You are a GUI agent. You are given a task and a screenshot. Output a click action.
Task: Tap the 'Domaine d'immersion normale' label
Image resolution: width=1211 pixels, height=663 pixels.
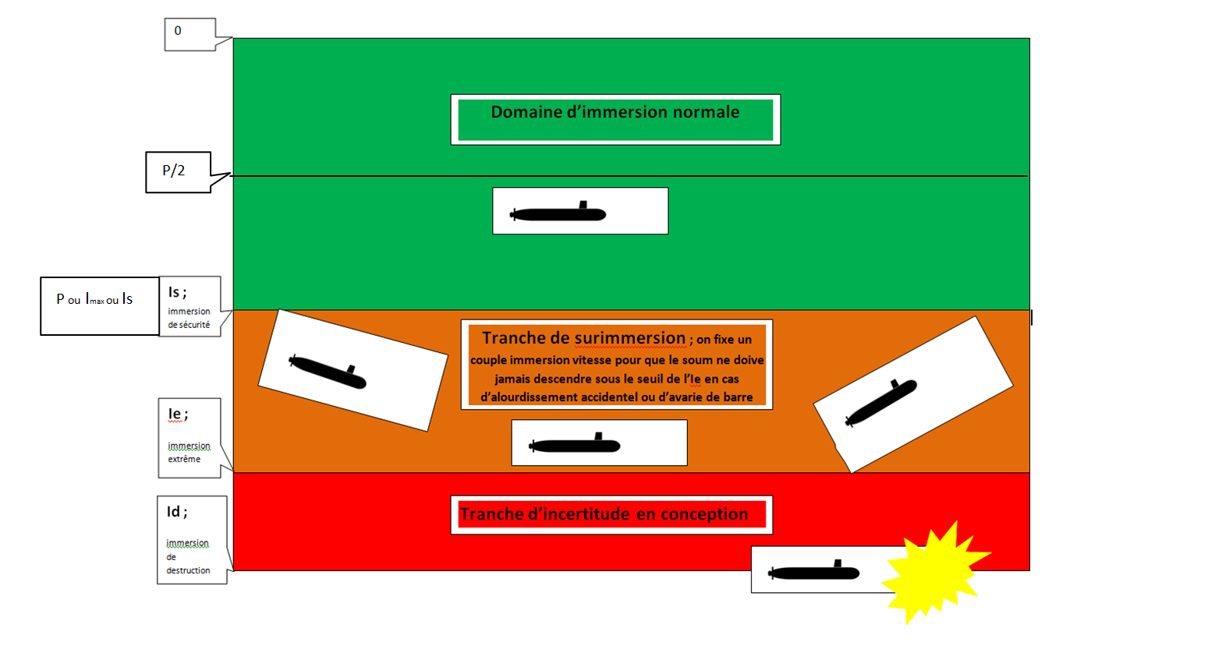pyautogui.click(x=615, y=113)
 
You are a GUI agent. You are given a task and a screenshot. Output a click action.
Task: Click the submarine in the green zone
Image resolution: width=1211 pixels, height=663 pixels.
pyautogui.click(x=558, y=213)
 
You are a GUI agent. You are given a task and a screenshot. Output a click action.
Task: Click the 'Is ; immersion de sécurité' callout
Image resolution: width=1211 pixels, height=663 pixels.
pyautogui.click(x=189, y=306)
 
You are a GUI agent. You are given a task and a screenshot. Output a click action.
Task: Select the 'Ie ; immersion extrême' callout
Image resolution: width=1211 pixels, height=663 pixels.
pyautogui.click(x=189, y=437)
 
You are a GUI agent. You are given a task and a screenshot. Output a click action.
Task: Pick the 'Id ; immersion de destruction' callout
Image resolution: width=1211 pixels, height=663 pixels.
pyautogui.click(x=191, y=539)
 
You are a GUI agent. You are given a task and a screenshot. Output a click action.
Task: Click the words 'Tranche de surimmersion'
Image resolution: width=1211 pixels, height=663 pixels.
pyautogui.click(x=584, y=338)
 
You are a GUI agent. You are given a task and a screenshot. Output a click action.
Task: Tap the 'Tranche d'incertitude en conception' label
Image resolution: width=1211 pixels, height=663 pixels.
pyautogui.click(x=604, y=515)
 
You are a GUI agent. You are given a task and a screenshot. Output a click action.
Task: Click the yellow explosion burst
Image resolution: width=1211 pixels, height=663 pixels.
pyautogui.click(x=932, y=573)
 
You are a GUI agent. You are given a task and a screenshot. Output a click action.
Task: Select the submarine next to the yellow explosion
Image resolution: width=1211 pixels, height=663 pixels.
pyautogui.click(x=814, y=572)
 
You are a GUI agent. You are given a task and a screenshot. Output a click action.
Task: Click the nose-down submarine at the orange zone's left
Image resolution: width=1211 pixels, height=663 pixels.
pyautogui.click(x=328, y=372)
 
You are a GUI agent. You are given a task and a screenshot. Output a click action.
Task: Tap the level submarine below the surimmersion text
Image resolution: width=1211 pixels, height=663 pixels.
pyautogui.click(x=575, y=445)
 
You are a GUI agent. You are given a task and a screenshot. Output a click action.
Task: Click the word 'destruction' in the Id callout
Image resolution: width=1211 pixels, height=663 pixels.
pyautogui.click(x=188, y=570)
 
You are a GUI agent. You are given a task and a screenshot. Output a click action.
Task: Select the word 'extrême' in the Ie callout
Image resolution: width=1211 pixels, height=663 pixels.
pyautogui.click(x=184, y=460)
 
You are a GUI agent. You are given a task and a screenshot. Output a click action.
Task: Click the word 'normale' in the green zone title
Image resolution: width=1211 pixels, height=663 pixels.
pyautogui.click(x=706, y=112)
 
